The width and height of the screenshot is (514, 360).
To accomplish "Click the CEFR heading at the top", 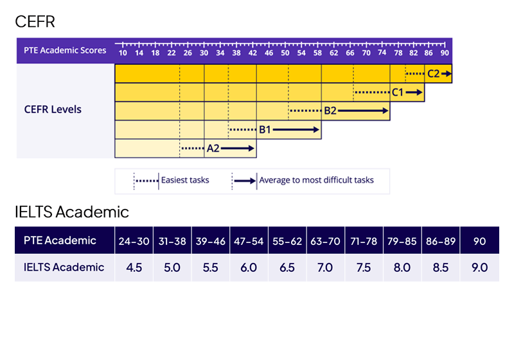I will [x=35, y=22].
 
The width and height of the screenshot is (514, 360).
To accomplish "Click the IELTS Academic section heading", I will [x=72, y=212].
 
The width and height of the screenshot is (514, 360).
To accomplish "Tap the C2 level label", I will [x=433, y=74].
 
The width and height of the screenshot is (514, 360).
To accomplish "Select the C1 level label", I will [x=398, y=93].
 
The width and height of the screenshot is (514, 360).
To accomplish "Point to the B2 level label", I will [x=330, y=111].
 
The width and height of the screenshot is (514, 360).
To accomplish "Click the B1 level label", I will [x=265, y=129].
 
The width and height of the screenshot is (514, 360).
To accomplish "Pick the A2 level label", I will [x=213, y=148].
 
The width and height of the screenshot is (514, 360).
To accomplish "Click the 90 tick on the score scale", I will [x=444, y=53].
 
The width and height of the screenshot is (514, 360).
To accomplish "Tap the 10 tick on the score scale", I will [x=122, y=53].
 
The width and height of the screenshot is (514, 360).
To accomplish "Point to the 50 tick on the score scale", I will [x=285, y=53].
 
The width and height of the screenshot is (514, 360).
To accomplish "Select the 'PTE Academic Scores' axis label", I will [x=65, y=50].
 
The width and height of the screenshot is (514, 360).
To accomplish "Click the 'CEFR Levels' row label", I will [x=53, y=109].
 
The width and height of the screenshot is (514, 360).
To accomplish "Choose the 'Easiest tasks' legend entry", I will [x=185, y=180].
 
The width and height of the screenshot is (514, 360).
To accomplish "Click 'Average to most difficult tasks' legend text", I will [x=316, y=180].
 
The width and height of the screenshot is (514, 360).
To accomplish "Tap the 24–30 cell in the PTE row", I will [x=134, y=241].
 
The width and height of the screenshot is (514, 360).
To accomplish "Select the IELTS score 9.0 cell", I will [x=479, y=267].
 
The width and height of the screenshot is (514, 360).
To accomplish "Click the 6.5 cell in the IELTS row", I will [x=287, y=267].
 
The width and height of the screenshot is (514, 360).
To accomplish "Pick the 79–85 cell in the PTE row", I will [x=402, y=241].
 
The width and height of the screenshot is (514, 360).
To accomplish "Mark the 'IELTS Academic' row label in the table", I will [x=64, y=267].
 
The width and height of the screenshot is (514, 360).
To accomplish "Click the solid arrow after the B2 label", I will [x=363, y=111].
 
